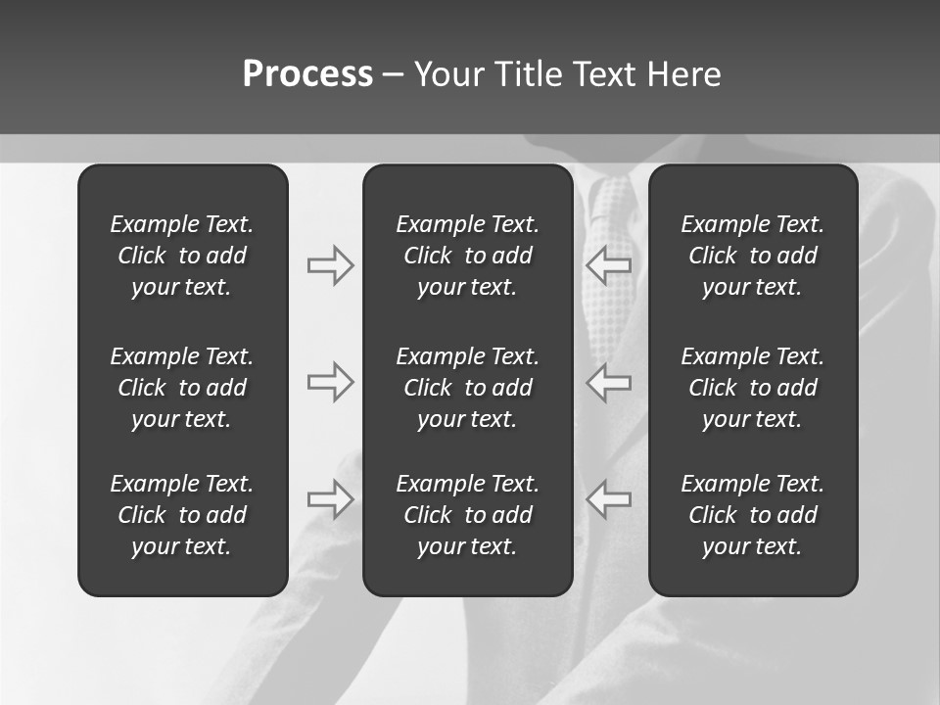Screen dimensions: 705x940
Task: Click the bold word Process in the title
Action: coord(307,74)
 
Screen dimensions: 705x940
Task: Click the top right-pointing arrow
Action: coord(330,265)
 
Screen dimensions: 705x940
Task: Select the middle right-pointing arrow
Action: coord(330,382)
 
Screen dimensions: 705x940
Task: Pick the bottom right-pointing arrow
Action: coord(330,499)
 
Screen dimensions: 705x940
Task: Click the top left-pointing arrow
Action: coord(609,265)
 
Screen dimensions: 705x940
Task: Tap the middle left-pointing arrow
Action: coord(609,382)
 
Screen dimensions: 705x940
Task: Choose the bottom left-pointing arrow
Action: coord(609,499)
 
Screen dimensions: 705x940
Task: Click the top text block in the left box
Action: coord(182,256)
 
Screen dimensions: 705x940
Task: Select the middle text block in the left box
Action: coord(182,388)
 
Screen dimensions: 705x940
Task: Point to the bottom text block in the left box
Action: coord(182,515)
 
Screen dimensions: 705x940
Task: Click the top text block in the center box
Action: coord(468,256)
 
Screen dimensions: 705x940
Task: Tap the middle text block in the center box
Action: coord(468,388)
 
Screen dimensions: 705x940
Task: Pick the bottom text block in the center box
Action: coord(468,515)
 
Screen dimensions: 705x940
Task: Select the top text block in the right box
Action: coord(753,256)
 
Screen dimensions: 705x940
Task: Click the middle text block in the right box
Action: coord(753,388)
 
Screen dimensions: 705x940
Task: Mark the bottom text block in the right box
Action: coord(753,515)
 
